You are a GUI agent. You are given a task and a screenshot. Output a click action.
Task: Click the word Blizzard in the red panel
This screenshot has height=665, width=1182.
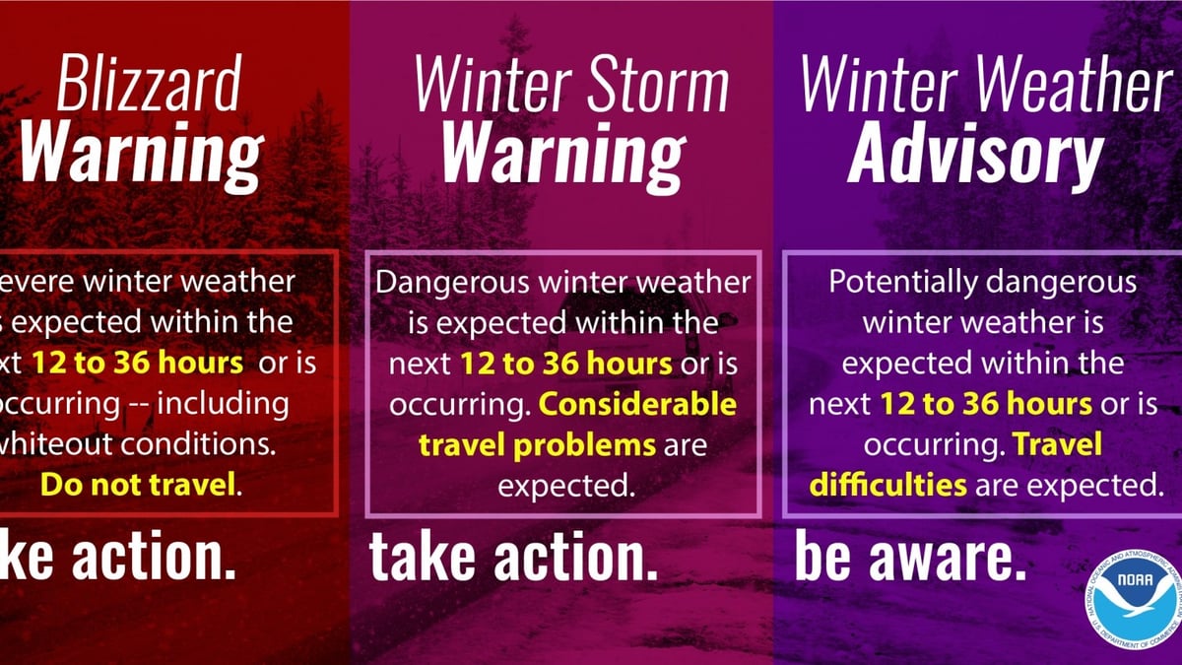tap(148, 84)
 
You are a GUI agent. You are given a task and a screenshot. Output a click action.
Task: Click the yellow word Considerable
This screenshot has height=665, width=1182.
tap(637, 404)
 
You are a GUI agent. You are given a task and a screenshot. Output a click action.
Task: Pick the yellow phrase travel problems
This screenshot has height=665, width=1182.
tap(537, 444)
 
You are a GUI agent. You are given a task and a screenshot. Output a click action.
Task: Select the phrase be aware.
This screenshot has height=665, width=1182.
tap(910, 559)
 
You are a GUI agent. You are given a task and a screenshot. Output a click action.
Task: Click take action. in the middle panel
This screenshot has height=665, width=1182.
tap(513, 559)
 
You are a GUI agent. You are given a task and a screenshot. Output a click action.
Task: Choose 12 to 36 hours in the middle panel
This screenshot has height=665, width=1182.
tap(566, 364)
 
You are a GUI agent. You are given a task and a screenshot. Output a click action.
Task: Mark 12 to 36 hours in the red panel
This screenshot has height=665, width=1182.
tap(137, 364)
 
